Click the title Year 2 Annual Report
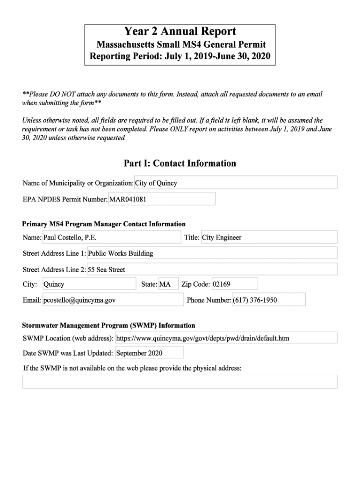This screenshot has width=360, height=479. (180, 32)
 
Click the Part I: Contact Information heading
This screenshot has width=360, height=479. (180, 163)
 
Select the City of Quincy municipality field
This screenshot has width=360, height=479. (236, 183)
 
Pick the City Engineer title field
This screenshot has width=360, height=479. (269, 237)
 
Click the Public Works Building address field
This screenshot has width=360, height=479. (212, 253)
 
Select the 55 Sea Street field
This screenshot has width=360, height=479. (212, 269)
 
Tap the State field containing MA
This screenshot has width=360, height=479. (168, 284)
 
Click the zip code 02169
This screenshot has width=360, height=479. (234, 284)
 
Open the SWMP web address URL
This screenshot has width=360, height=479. (226, 338)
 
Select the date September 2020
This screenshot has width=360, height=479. (149, 353)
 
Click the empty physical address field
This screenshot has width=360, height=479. (180, 381)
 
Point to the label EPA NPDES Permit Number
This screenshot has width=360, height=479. (65, 199)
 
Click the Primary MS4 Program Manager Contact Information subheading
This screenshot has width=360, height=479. (104, 224)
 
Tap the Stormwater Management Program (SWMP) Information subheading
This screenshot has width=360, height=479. (109, 325)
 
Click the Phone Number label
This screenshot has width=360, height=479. (209, 300)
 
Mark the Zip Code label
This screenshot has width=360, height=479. (195, 284)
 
